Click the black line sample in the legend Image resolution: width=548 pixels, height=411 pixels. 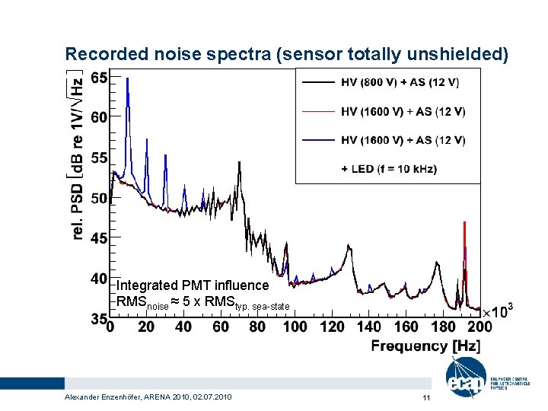point(317,82)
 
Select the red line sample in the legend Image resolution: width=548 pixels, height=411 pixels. point(317,111)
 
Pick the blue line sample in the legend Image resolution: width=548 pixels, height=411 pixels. point(317,140)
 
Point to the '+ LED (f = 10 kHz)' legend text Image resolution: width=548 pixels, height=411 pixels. point(389,168)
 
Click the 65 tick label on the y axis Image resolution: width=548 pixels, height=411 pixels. point(98,77)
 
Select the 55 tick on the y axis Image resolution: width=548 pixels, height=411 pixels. point(98,158)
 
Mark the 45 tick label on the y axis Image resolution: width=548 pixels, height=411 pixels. point(98,238)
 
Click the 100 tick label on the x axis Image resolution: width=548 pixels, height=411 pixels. point(295,327)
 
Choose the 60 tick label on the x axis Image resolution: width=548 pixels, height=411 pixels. point(220,327)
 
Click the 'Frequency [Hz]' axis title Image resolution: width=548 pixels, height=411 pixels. point(425,346)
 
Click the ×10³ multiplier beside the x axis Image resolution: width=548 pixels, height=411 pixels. point(498,311)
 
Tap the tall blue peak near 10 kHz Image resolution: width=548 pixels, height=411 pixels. point(129,80)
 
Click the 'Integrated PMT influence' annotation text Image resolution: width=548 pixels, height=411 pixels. point(193,285)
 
